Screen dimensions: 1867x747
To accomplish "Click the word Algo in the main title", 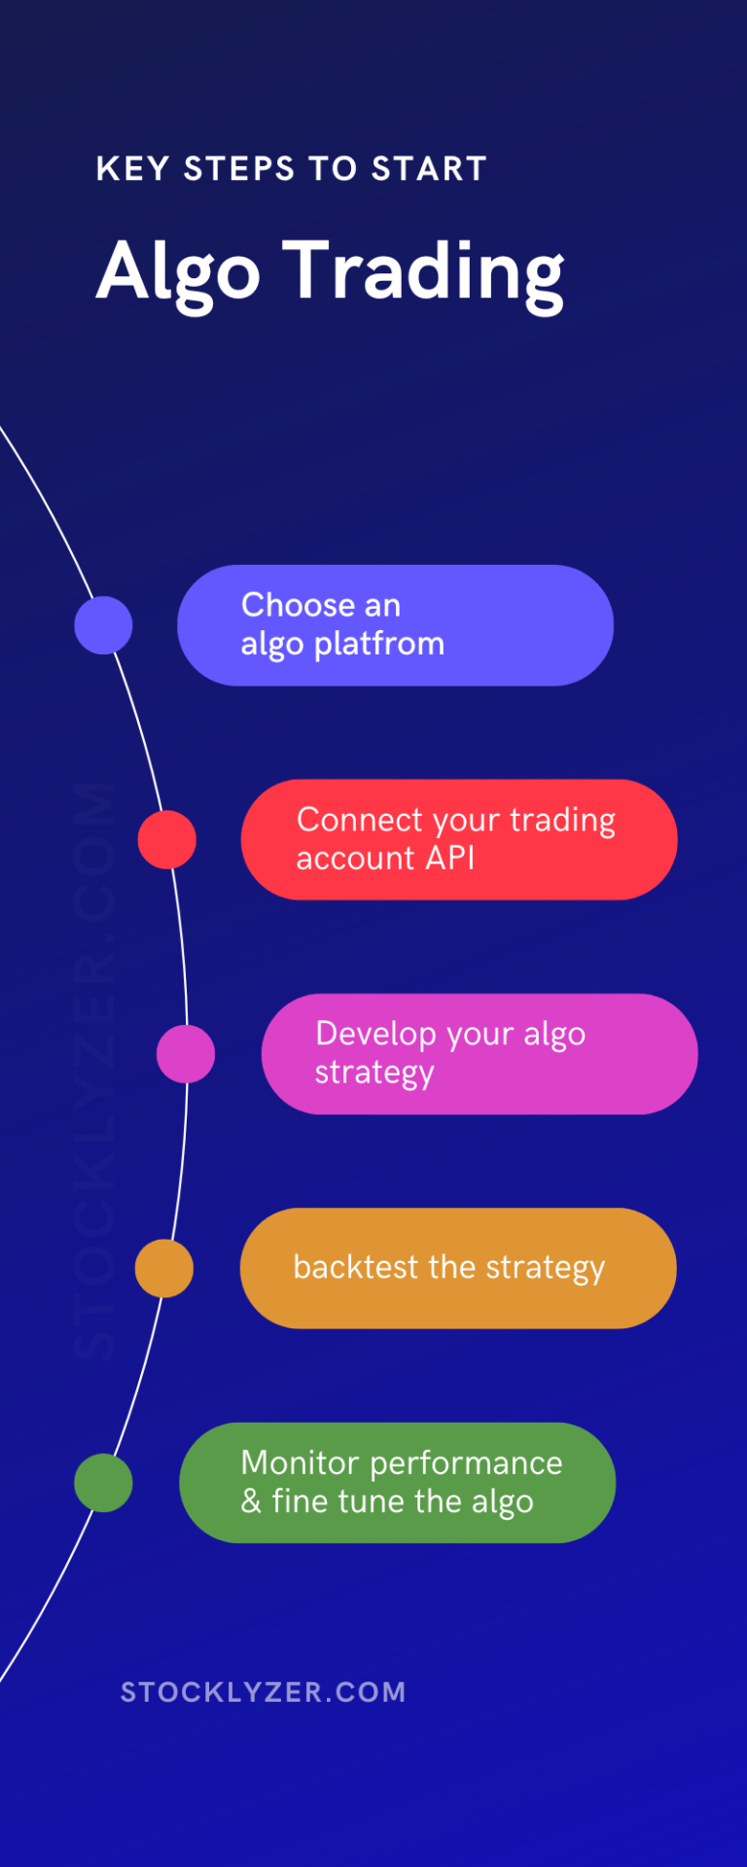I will (179, 272).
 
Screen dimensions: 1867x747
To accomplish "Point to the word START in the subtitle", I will (429, 169).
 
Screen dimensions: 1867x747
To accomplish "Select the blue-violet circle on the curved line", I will (103, 625).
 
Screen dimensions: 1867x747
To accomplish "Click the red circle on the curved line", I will (167, 839).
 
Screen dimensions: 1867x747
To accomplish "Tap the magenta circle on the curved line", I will (186, 1054).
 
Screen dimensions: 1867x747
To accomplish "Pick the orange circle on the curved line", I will (164, 1268).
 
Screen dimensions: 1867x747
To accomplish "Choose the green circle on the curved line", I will (103, 1483).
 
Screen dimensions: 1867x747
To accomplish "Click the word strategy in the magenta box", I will (374, 1074).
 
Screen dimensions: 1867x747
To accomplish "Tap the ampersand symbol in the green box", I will (251, 1501).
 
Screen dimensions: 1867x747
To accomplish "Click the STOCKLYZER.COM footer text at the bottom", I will (263, 1692).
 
